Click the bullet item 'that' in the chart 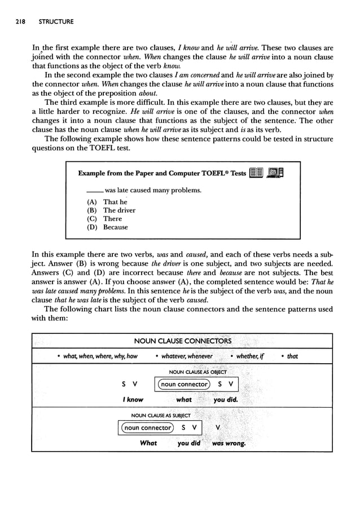pos(289,356)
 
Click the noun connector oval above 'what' pos(183,385)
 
